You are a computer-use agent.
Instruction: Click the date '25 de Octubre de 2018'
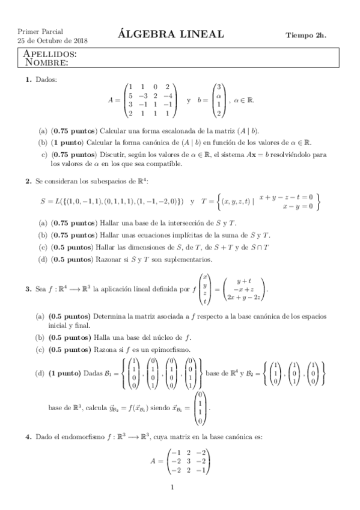click(53, 41)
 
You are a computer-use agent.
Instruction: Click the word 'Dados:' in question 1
click(46, 80)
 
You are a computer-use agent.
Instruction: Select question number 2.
click(28, 180)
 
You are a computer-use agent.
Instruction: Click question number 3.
click(28, 289)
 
